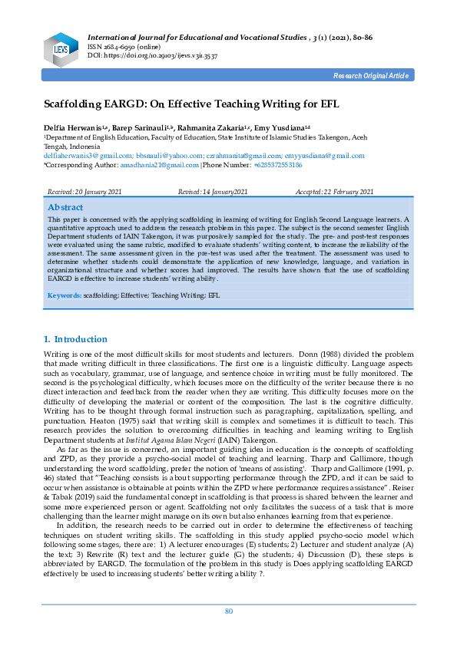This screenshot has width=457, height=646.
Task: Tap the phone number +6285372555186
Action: coord(278,165)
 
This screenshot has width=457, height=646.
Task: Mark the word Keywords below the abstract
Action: coord(65,295)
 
